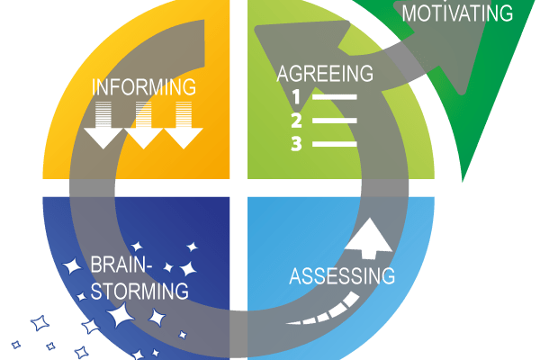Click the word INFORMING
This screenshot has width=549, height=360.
click(x=145, y=88)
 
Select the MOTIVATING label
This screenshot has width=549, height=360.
click(x=457, y=13)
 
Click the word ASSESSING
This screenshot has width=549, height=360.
click(x=342, y=274)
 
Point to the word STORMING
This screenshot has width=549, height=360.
click(x=139, y=292)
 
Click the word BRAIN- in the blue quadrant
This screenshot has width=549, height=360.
click(x=122, y=266)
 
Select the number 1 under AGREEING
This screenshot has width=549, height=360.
click(x=296, y=96)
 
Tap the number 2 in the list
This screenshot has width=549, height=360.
click(x=296, y=120)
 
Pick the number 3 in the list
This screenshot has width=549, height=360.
click(x=296, y=143)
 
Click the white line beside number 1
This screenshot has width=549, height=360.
click(x=335, y=96)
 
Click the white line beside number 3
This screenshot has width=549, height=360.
click(x=335, y=143)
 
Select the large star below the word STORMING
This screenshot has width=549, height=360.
click(x=120, y=316)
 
